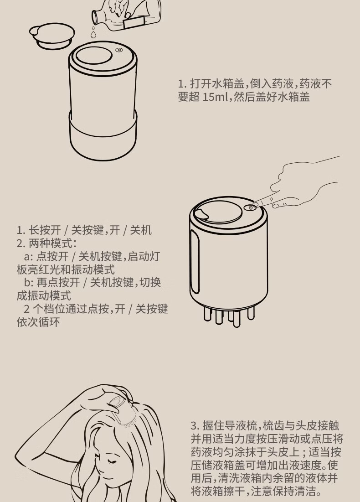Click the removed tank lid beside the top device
point(52,36)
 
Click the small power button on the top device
point(119,50)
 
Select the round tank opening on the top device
point(94,58)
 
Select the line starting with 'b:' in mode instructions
point(93,283)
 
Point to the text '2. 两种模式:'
point(47,243)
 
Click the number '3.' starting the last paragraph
point(195,426)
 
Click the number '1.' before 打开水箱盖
point(182,84)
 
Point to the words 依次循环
point(38,322)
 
